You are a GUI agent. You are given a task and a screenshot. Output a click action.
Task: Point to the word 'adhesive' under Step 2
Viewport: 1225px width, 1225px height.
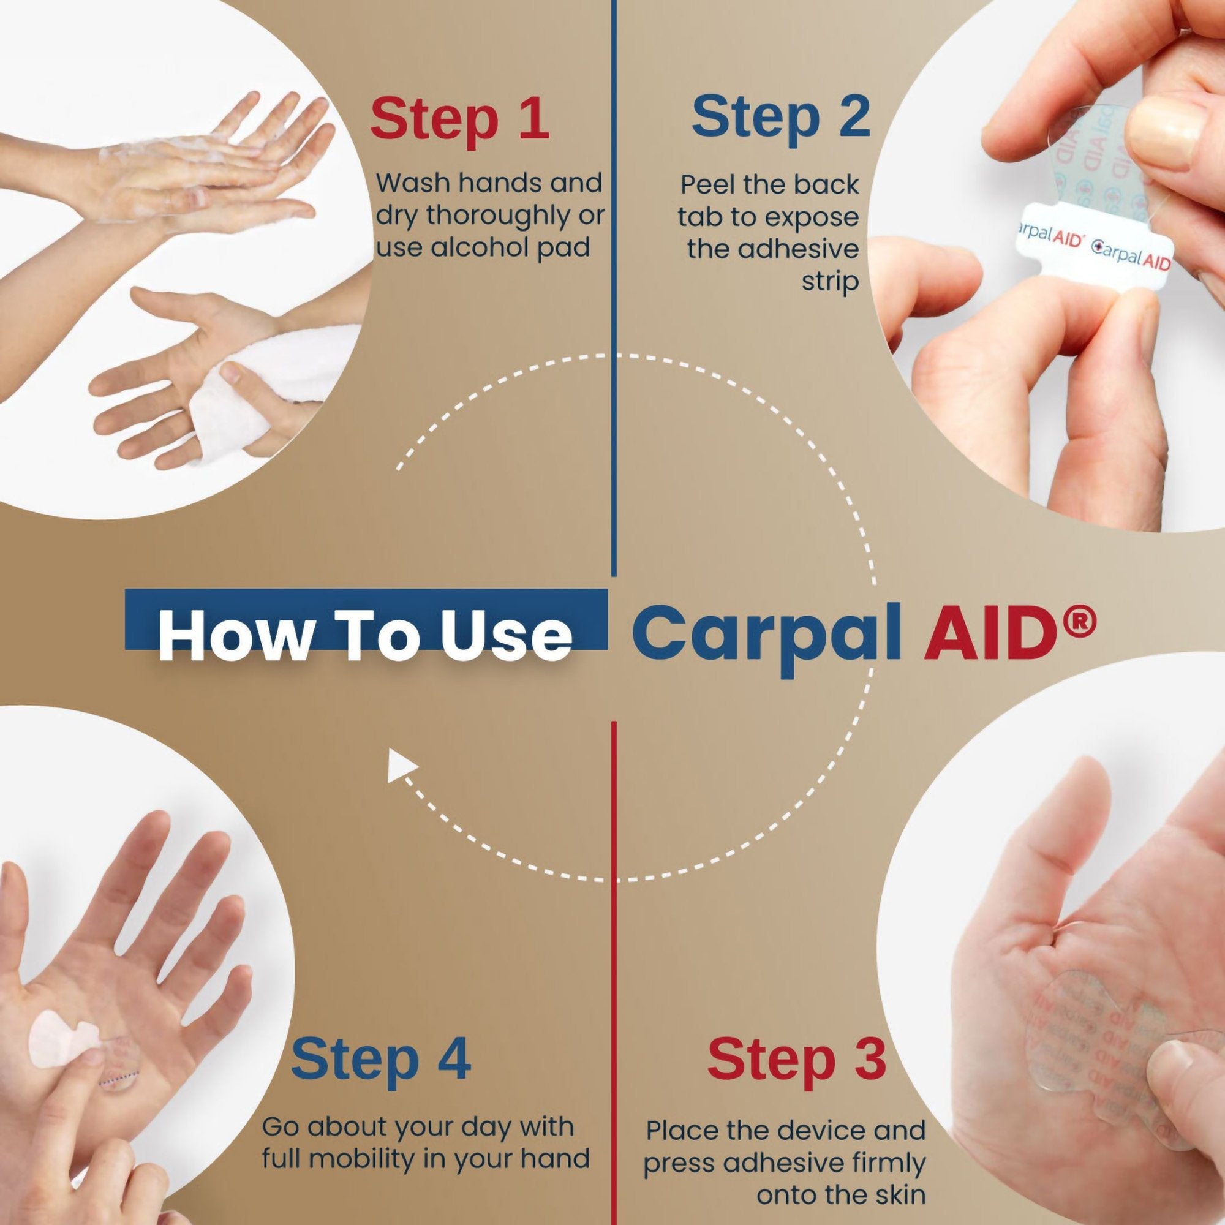[772, 249]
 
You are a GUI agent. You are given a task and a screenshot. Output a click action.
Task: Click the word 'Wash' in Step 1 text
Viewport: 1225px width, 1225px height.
[413, 183]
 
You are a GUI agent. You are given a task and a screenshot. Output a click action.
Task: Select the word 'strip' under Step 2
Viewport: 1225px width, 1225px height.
[829, 282]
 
